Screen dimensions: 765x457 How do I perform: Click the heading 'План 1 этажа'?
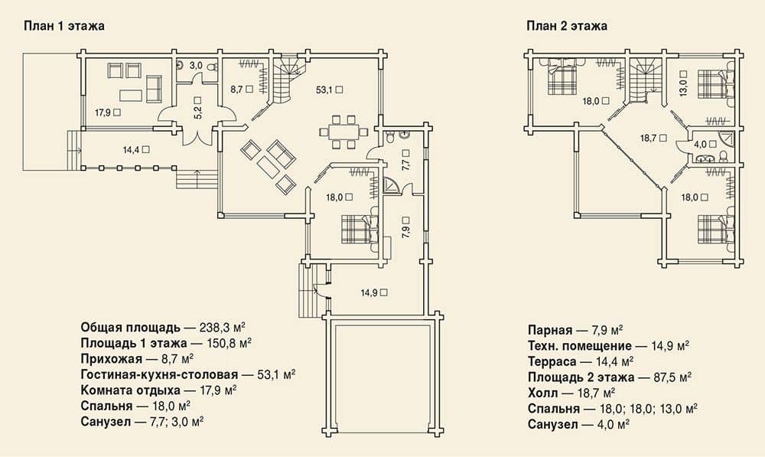point(64,26)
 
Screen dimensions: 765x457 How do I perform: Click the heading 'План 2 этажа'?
point(567,26)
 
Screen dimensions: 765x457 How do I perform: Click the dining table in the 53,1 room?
point(343,132)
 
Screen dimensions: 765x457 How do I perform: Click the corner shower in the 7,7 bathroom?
point(391,186)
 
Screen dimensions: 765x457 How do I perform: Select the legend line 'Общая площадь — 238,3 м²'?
point(163,327)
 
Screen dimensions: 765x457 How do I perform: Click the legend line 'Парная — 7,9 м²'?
point(576,331)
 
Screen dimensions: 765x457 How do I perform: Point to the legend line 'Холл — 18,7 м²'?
point(571,393)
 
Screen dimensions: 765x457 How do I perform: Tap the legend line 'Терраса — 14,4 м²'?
point(581,362)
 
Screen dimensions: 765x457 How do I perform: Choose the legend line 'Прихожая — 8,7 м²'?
point(137,359)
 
